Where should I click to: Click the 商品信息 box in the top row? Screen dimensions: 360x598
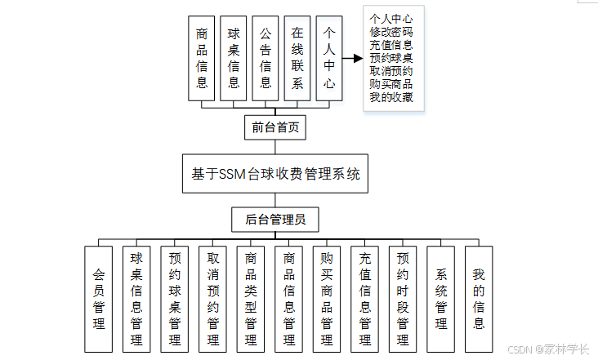pos(202,58)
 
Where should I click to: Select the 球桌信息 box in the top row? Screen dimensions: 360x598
pos(234,58)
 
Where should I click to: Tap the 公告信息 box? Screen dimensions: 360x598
pos(266,58)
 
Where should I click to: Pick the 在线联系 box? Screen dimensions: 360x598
pos(297,58)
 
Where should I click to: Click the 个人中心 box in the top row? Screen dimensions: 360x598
pos(329,58)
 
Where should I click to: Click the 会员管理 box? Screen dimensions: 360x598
pos(99,298)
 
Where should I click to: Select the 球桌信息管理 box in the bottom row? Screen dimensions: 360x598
pos(136,298)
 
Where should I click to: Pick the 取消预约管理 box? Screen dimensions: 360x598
pos(212,298)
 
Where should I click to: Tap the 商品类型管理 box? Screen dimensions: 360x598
pos(251,298)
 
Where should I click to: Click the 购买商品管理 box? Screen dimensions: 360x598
pos(327,298)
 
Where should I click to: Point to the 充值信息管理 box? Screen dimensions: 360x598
pos(365,298)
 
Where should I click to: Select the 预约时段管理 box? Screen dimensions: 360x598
pos(403,298)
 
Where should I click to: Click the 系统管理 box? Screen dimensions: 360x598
pos(441,298)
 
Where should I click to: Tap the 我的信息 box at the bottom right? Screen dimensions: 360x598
pos(479,298)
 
